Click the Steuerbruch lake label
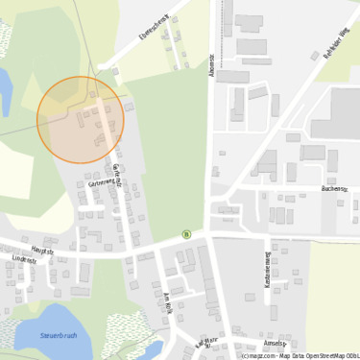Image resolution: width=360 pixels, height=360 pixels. pos(59,336)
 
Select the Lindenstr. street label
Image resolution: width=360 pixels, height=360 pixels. pos(24,259)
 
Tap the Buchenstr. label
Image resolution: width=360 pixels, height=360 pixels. pos(334,189)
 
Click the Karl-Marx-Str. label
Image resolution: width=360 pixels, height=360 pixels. pos(207,343)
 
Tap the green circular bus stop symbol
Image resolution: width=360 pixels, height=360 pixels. pos(186,233)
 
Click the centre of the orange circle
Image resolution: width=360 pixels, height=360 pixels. pos(81,120)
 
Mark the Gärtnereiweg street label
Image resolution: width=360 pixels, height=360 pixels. pos(101,181)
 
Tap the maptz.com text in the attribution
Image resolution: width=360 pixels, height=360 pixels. pos(257,355)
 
